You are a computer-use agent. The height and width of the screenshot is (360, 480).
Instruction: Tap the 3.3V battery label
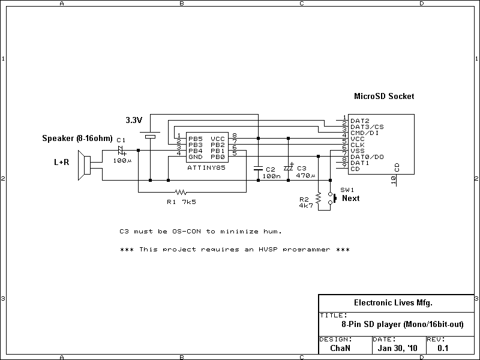click(133, 121)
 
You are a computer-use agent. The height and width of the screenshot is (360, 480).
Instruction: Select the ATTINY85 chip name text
click(206, 169)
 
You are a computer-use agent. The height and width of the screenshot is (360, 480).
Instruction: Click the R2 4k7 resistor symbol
click(319, 197)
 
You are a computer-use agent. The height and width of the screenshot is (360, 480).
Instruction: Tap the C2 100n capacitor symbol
click(258, 169)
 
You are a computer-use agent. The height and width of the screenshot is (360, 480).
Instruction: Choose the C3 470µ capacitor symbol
click(289, 169)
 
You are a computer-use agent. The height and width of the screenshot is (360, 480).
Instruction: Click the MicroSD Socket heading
click(384, 96)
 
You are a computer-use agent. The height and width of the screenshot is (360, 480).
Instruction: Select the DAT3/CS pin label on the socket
click(367, 127)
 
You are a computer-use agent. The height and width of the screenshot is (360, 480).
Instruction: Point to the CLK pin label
click(358, 145)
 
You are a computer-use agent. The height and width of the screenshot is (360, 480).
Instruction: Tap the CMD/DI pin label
click(364, 133)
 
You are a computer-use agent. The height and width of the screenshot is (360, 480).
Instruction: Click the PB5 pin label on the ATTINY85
click(196, 139)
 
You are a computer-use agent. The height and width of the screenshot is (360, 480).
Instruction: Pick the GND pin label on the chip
click(196, 157)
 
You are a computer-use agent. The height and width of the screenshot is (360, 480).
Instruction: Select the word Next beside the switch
click(350, 199)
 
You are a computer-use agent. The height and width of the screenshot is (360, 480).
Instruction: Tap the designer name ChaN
click(341, 347)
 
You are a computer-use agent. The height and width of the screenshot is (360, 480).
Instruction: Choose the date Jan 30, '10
click(396, 347)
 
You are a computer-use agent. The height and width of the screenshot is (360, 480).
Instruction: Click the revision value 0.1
click(443, 347)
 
